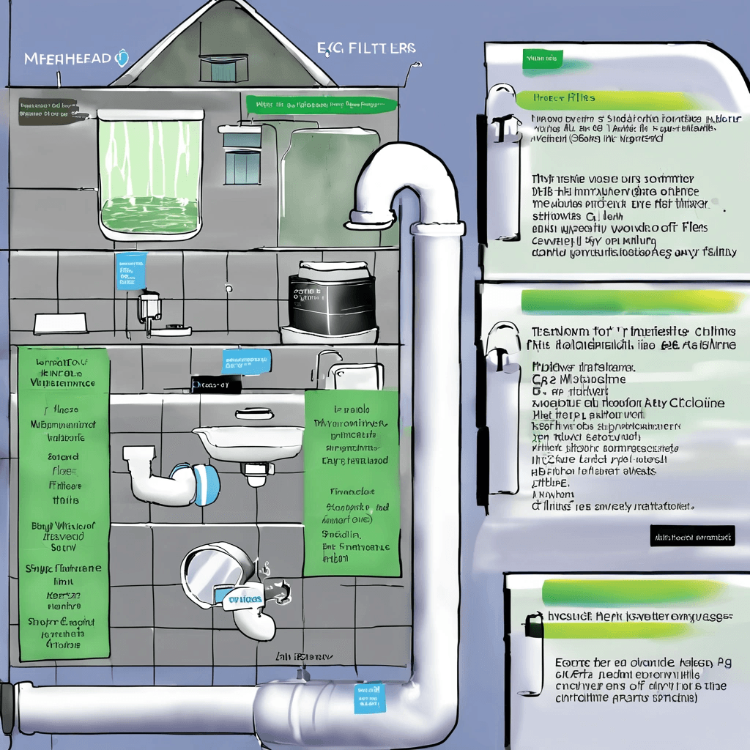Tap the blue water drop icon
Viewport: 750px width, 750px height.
(x=122, y=59)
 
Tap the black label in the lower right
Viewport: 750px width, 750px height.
(x=691, y=537)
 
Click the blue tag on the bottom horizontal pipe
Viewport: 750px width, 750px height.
(x=368, y=698)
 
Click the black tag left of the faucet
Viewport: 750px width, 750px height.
(x=215, y=385)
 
